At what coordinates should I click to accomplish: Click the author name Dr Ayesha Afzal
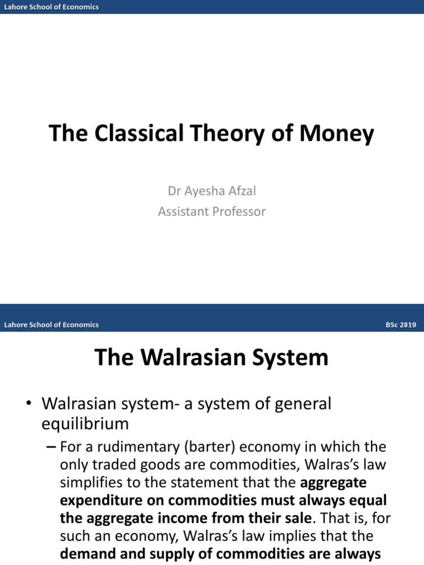click(212, 191)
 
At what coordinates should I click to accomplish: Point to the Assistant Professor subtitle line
click(212, 211)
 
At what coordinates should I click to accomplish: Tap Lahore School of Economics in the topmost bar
click(51, 7)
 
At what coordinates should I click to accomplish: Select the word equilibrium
click(85, 424)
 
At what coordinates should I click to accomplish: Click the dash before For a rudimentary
click(51, 446)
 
